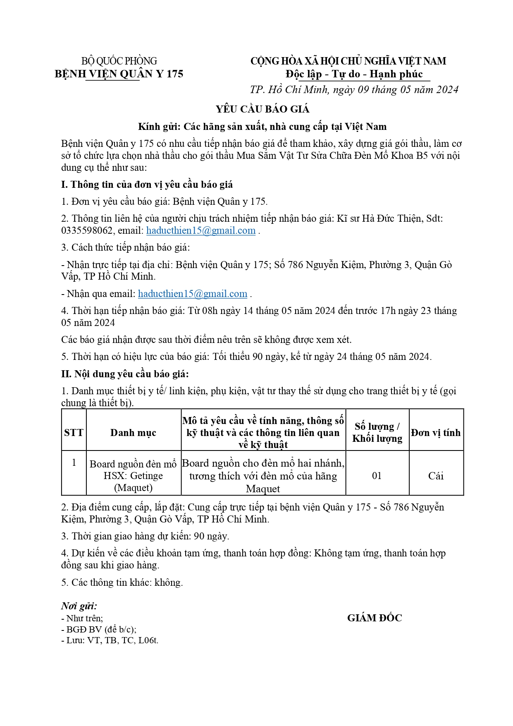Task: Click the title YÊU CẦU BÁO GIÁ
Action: coord(262,109)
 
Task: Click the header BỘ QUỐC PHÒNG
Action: coord(119,61)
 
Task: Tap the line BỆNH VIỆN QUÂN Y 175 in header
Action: coord(119,74)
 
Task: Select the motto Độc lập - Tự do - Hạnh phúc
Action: coord(354,74)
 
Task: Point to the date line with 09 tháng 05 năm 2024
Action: coord(354,90)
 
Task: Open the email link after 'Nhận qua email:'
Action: coord(193,294)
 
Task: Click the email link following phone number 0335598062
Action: coord(201,231)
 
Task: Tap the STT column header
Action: coord(74,433)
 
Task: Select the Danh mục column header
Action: coord(133,433)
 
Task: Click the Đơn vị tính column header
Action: coord(436,433)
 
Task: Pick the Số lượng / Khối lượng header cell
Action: coord(377,432)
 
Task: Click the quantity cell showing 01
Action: coord(377,476)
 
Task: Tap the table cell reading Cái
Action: coord(436,476)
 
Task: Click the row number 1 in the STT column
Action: coord(74,462)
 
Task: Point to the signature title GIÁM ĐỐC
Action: coord(375,618)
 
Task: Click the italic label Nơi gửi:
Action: coord(79,606)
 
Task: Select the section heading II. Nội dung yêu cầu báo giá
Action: coord(125,374)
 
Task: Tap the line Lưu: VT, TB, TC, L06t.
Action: coord(110,640)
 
